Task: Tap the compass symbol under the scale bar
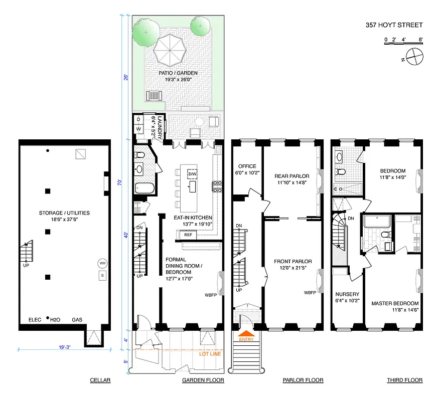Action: [415, 57]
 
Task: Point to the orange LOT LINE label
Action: [211, 354]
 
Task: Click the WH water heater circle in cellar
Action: [102, 264]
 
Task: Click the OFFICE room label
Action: [247, 166]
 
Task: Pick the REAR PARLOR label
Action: [292, 176]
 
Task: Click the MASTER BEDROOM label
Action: [395, 304]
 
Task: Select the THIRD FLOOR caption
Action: [404, 380]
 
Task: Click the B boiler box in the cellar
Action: [102, 276]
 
